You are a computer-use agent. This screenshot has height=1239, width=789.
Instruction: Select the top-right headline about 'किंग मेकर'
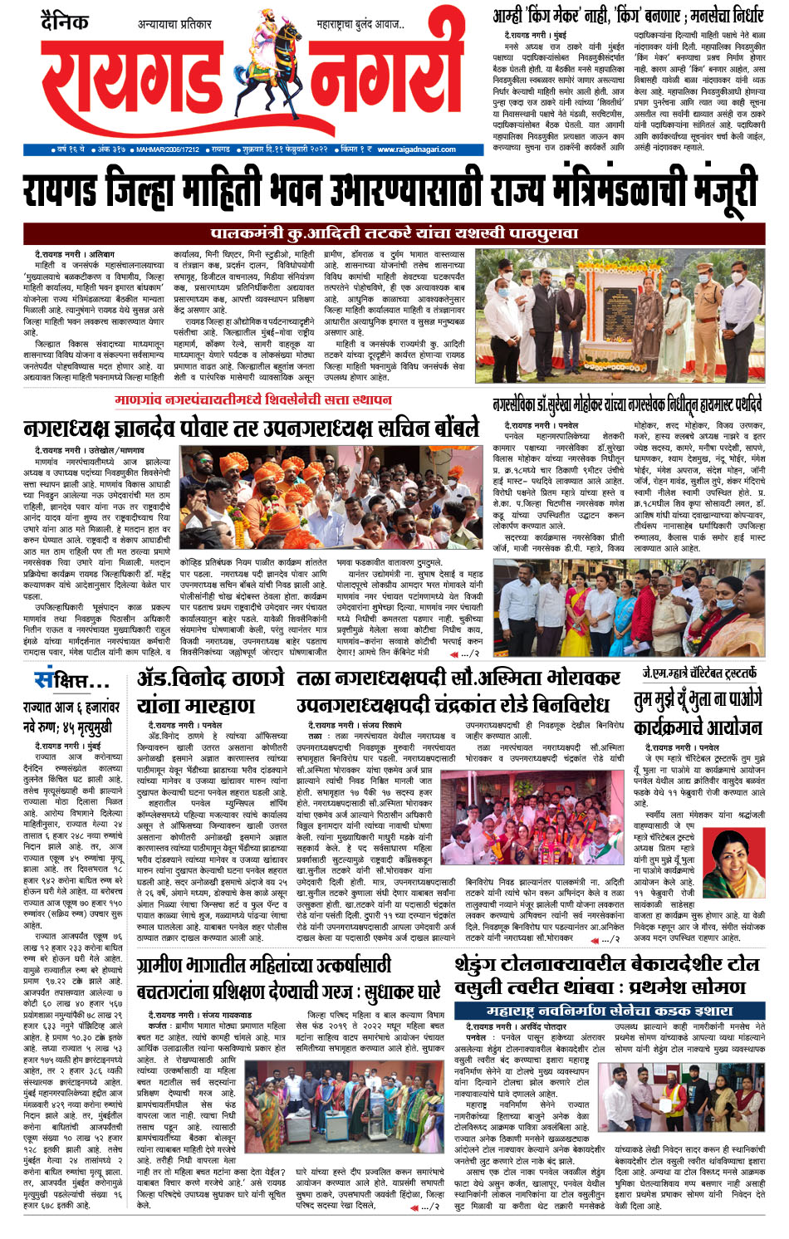(x=627, y=15)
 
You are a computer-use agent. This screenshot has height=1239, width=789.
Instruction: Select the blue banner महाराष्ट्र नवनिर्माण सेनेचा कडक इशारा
(x=609, y=1011)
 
